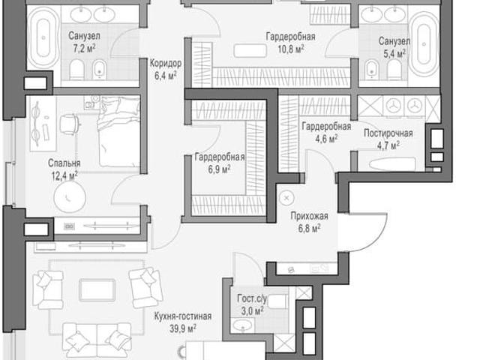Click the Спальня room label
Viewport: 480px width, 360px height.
(x=64, y=163)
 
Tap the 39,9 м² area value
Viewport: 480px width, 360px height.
(x=183, y=328)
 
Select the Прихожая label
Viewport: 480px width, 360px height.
(x=309, y=216)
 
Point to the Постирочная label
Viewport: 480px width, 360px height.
(x=388, y=133)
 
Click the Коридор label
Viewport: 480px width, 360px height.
(x=166, y=63)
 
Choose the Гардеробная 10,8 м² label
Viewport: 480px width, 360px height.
(x=290, y=43)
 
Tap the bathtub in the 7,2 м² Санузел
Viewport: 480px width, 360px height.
(x=43, y=37)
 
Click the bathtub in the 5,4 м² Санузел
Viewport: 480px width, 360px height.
(x=424, y=44)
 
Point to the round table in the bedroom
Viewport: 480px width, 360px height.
(x=70, y=196)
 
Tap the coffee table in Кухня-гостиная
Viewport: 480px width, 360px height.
(x=97, y=290)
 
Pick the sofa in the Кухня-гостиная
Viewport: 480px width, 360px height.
(x=97, y=340)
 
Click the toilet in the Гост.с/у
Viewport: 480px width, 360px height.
(x=278, y=301)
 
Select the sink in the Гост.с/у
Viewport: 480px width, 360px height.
(x=243, y=325)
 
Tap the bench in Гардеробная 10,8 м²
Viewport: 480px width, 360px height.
(x=250, y=50)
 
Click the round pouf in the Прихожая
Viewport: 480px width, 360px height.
(x=286, y=198)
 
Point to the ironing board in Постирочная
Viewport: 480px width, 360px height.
(x=392, y=164)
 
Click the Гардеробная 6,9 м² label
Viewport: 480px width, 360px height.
(x=220, y=163)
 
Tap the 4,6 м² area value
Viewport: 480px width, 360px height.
(x=327, y=139)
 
